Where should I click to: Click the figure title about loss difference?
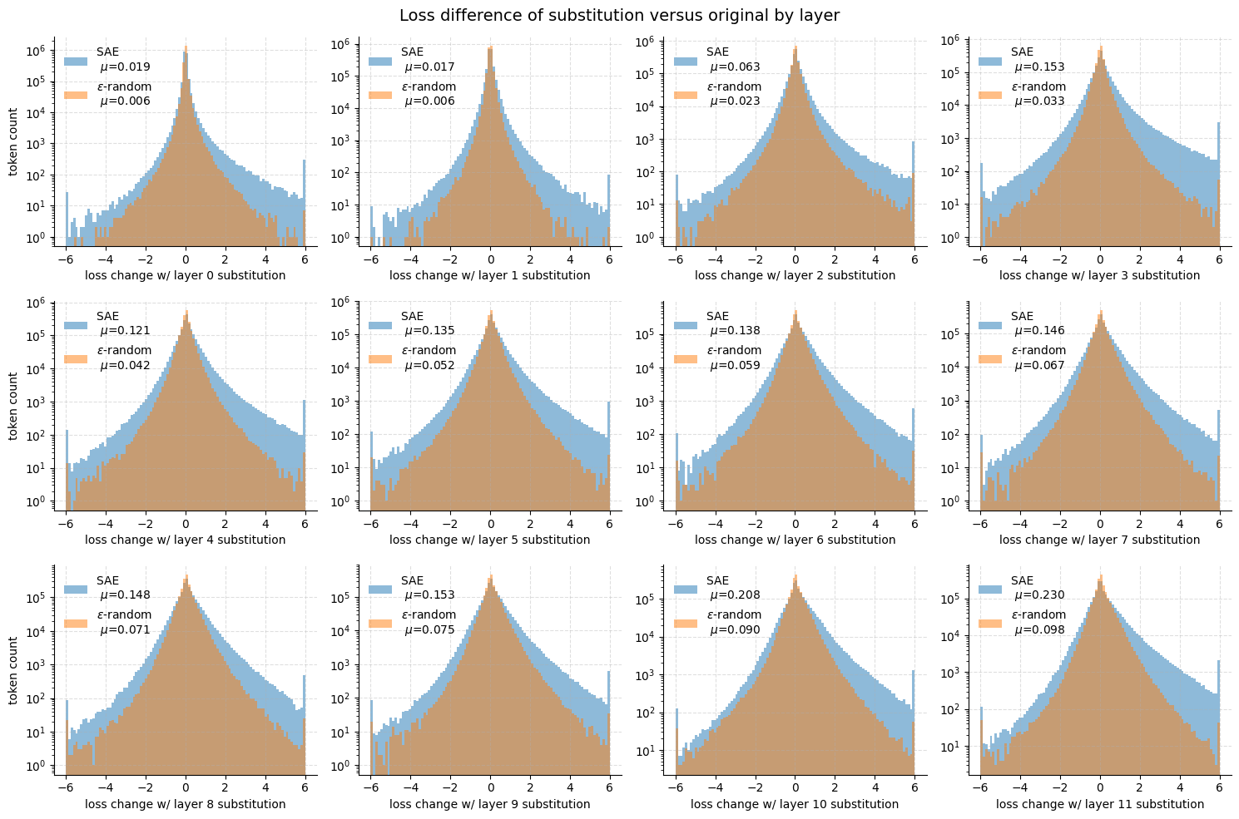coord(619,16)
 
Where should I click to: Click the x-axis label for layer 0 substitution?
coord(185,275)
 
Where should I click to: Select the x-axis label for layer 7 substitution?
coord(1099,540)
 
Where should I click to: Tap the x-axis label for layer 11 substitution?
coord(1099,804)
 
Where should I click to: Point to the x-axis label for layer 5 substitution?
coord(489,540)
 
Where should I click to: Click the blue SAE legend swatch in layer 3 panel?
coord(990,61)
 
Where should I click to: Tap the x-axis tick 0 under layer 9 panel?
coord(490,789)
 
